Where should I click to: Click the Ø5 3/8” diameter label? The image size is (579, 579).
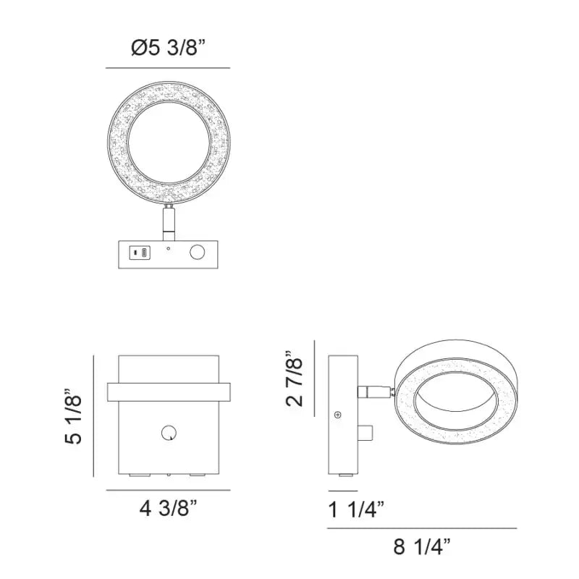[168, 48]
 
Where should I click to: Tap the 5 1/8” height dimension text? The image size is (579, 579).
[73, 417]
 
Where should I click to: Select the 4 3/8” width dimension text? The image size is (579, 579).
[169, 510]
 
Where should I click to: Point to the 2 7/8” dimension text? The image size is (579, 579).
[295, 378]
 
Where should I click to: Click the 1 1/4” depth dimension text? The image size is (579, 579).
[356, 510]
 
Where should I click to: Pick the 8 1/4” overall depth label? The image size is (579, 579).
[422, 547]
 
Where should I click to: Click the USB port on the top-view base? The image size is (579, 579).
[140, 253]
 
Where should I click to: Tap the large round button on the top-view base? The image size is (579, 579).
[197, 253]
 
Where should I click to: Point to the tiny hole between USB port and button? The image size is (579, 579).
[169, 248]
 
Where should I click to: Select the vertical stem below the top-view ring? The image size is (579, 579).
[169, 224]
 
